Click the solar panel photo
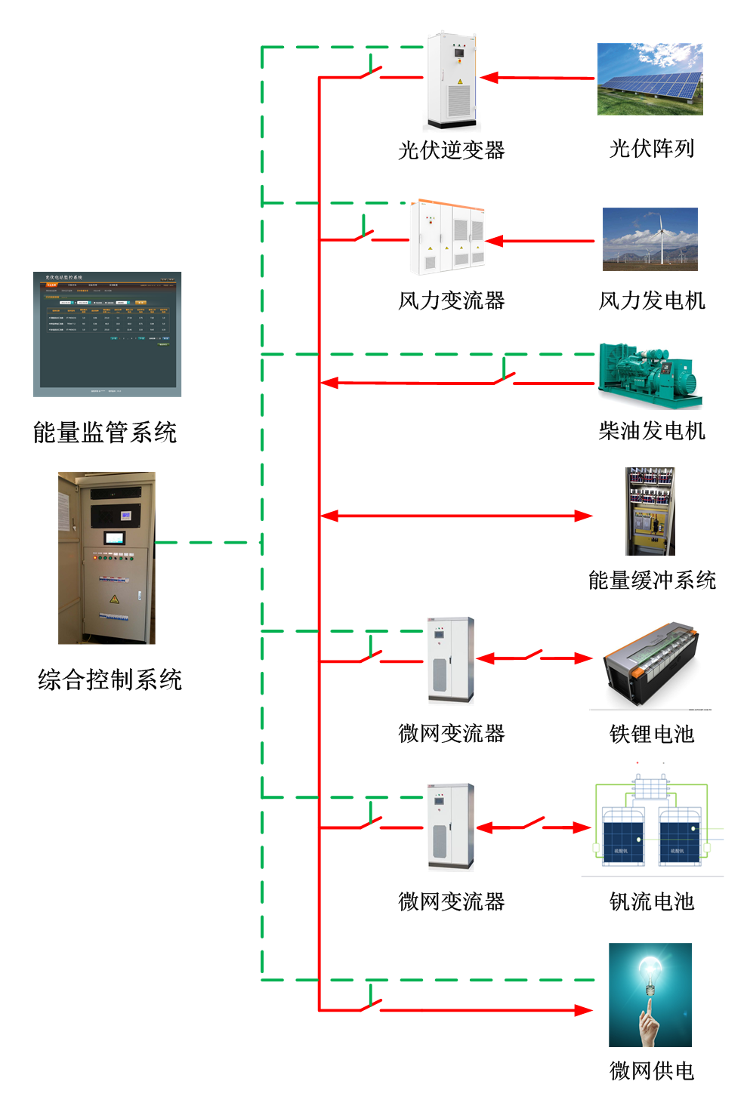[650, 79]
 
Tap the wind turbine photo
[650, 239]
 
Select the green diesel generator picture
[650, 375]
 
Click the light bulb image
[650, 994]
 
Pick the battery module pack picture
[650, 666]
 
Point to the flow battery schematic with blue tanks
[652, 818]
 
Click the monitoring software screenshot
[107, 334]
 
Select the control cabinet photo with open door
[106, 558]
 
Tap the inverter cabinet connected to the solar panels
[452, 81]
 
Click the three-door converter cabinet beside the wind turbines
[447, 238]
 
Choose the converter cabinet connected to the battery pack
[451, 661]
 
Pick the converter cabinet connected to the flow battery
[451, 827]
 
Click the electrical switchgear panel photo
[650, 511]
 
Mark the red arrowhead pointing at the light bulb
[584, 1010]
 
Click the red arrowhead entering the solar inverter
[488, 78]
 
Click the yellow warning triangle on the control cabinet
[114, 599]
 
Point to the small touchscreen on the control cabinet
[115, 538]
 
